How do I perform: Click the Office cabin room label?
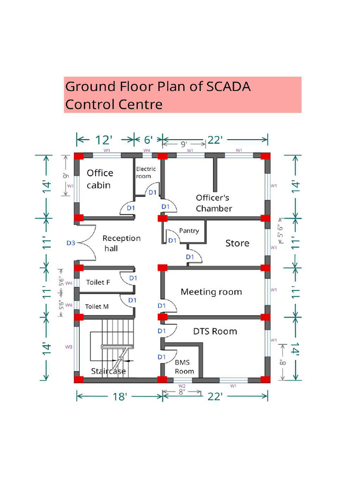(99, 179)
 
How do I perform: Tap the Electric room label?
(145, 172)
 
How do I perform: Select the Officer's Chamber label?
(214, 203)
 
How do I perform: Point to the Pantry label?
(189, 231)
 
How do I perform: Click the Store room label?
(237, 243)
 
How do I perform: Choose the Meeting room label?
(211, 292)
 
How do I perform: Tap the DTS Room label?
(215, 331)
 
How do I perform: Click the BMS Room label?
(184, 367)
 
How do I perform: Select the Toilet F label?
(98, 282)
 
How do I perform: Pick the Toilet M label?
(97, 306)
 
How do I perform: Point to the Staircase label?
(108, 371)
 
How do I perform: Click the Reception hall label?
(121, 243)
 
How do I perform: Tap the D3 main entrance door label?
(70, 243)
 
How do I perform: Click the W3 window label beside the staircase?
(68, 347)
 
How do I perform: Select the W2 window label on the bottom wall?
(177, 386)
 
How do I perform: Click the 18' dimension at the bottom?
(120, 397)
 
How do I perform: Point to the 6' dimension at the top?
(148, 140)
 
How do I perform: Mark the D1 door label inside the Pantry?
(172, 240)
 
